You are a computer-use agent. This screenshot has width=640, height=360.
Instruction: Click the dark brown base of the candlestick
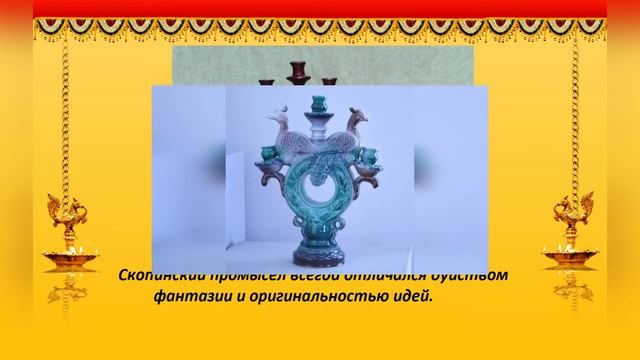click(x=319, y=263)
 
